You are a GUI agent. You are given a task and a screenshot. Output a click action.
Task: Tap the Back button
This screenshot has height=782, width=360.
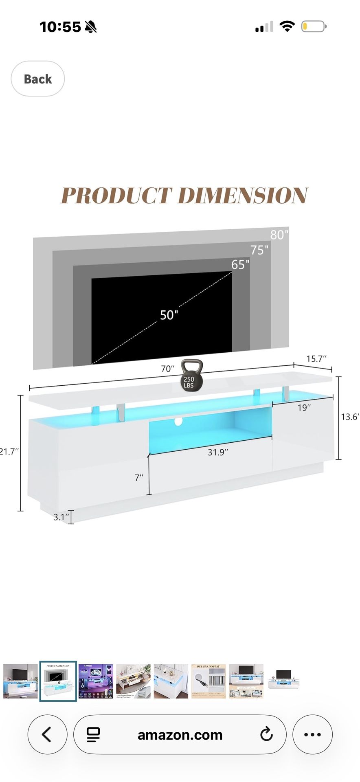point(37,79)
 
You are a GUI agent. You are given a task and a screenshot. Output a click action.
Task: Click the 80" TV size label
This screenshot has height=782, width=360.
point(279,235)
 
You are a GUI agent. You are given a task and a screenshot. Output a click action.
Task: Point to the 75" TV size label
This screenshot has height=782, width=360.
point(259,250)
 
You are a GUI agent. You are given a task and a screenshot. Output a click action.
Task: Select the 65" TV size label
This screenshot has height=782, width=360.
point(240,265)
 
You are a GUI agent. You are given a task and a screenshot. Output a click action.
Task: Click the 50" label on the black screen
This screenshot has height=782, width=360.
point(169,315)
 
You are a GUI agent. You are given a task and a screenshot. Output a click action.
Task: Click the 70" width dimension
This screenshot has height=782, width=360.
point(167,369)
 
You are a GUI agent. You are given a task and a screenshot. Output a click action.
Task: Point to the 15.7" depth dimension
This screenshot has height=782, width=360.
point(316,359)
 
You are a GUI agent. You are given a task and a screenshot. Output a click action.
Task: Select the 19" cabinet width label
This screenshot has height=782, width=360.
point(304,408)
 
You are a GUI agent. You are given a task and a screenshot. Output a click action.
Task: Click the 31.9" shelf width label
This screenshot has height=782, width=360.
point(218,452)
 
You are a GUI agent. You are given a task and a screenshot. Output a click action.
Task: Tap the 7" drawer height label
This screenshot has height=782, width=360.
point(139,477)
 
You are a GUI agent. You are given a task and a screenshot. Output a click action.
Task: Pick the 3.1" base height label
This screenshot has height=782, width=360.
point(61,517)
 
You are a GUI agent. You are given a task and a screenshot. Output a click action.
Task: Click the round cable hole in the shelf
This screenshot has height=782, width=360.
point(178,422)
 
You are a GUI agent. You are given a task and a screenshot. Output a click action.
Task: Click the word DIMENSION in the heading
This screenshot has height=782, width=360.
point(243,195)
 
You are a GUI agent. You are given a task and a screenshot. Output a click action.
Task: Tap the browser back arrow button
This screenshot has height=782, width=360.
point(47,734)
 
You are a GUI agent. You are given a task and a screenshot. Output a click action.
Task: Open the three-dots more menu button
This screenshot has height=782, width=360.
point(312,734)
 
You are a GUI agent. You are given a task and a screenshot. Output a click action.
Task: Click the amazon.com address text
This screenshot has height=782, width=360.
point(180,735)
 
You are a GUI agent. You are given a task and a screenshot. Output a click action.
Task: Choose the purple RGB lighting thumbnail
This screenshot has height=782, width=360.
point(96,681)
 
